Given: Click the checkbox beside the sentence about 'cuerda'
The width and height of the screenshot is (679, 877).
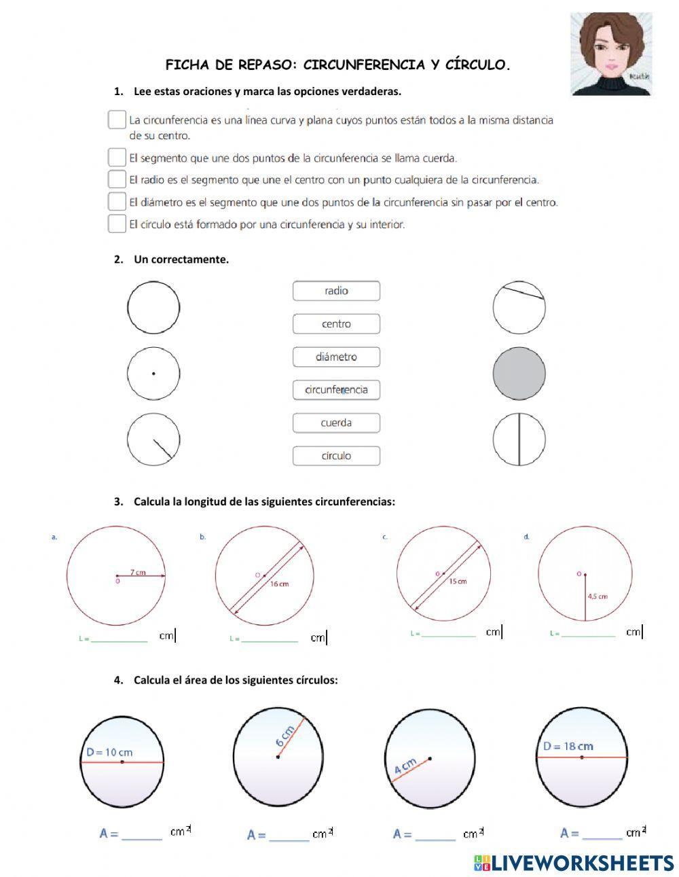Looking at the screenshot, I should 117,158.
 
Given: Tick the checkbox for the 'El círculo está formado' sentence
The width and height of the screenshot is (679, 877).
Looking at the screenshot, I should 117,224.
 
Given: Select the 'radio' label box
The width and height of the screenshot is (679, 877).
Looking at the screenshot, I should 336,291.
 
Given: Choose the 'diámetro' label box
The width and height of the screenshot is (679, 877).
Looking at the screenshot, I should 336,357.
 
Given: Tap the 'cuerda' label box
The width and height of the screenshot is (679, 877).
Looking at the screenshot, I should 336,423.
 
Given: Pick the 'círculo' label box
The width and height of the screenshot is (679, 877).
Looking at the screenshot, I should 336,456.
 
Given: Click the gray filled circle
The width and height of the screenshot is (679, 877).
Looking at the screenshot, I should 519,374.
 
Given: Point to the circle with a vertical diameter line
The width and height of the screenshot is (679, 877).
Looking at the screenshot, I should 519,439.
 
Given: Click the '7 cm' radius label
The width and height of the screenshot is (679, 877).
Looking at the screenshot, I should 138,572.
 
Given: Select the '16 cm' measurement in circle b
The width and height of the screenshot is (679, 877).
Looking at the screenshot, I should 279,584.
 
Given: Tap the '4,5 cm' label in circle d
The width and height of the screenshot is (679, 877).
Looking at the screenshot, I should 598,596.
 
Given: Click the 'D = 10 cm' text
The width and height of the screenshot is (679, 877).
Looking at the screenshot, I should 109,752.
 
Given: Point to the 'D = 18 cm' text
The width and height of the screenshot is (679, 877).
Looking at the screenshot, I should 568,746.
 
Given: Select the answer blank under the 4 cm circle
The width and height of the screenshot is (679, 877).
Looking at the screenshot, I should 435,835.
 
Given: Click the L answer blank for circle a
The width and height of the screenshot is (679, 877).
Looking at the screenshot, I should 120,639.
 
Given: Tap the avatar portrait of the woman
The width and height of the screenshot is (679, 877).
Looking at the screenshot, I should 610,54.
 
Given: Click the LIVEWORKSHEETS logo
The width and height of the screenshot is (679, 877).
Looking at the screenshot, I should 574,863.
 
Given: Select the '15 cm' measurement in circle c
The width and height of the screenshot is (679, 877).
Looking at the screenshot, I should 458,581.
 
